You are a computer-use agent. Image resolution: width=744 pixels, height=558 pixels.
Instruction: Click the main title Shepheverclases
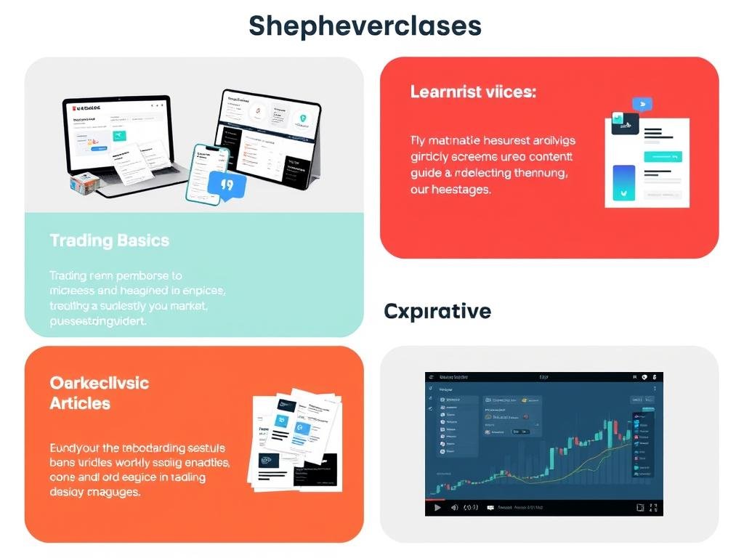[365, 26]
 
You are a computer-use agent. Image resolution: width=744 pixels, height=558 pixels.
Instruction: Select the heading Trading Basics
[109, 240]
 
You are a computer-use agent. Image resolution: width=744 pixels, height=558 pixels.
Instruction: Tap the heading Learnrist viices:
[473, 92]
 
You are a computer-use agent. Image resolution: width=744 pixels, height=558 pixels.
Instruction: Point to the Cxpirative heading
[437, 312]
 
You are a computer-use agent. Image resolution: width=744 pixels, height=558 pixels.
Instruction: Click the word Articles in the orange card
[80, 403]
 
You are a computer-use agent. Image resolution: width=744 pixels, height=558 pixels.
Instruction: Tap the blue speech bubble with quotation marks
[227, 185]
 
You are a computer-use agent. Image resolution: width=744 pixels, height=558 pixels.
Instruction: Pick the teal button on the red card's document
[663, 155]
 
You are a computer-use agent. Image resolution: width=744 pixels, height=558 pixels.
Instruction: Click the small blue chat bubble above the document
[642, 104]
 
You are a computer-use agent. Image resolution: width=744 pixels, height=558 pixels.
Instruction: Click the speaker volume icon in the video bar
[454, 507]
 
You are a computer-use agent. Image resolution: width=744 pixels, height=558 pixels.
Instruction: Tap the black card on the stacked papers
[315, 469]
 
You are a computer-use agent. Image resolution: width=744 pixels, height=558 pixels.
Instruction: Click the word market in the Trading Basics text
[189, 307]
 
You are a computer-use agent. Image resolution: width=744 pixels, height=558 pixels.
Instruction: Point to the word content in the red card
[551, 155]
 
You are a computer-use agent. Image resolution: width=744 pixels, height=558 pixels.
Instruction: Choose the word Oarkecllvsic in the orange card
[99, 383]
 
